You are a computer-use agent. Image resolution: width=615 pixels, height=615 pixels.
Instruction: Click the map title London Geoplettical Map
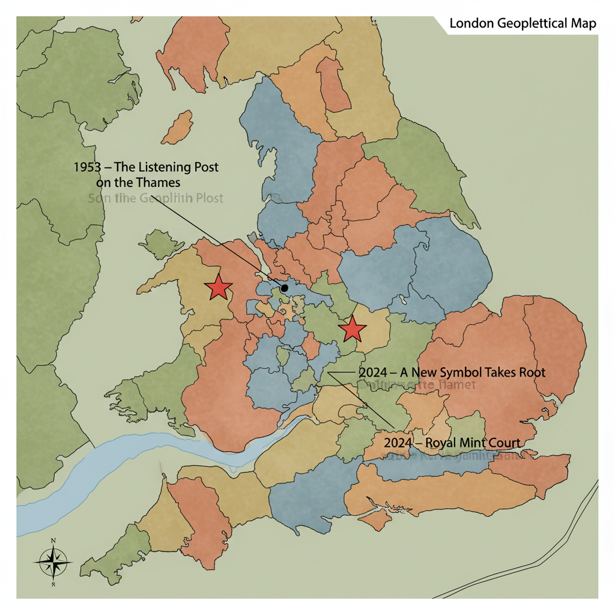[x=523, y=24]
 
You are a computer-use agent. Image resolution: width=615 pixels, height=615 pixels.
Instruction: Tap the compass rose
[x=54, y=562]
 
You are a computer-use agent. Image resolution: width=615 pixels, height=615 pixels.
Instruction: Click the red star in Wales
[x=218, y=288]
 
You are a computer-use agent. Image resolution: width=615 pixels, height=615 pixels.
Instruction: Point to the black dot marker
[x=285, y=288]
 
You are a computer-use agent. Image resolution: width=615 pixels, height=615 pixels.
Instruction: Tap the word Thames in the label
[x=158, y=182]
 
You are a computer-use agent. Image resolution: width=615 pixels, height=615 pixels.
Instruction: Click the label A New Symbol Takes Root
[x=452, y=372]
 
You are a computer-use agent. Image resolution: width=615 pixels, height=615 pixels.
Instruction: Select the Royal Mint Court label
[x=451, y=443]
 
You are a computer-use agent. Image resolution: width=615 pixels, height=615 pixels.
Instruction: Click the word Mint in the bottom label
[x=471, y=443]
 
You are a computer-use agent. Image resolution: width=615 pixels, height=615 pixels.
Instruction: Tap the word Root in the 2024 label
[x=531, y=372]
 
